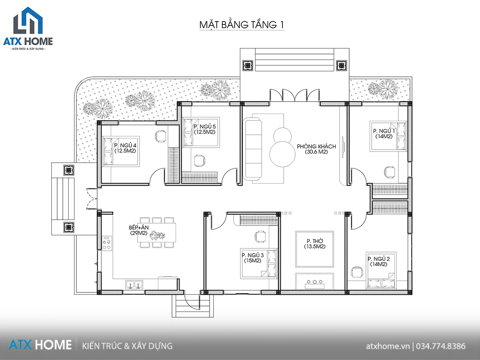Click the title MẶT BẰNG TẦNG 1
(242, 24)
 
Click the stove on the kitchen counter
(107, 243)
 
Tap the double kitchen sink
(134, 284)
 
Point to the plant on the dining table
(157, 235)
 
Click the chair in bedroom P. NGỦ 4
(161, 136)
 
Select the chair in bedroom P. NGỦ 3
(260, 237)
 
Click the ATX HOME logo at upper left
(28, 28)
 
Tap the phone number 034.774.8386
(441, 346)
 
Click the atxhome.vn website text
(388, 346)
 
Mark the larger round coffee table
(282, 154)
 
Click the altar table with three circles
(315, 281)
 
